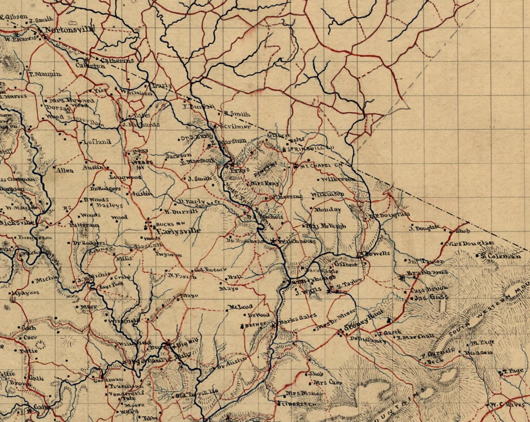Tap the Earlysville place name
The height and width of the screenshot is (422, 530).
click(178, 231)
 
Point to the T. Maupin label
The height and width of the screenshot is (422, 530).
click(45, 74)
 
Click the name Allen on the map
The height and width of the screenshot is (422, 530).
click(65, 170)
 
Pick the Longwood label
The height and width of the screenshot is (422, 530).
click(125, 177)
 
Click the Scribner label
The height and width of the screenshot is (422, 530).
click(235, 126)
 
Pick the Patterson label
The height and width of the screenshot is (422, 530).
click(84, 225)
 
